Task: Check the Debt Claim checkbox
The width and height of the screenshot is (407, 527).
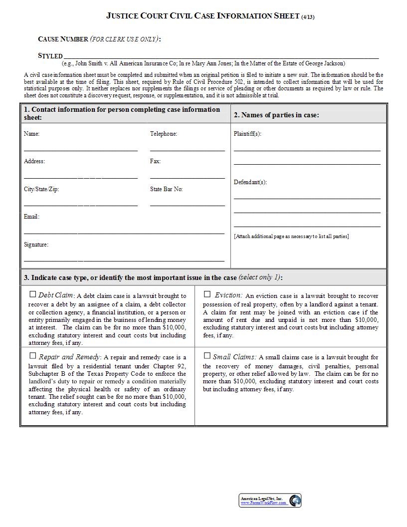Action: pyautogui.click(x=33, y=294)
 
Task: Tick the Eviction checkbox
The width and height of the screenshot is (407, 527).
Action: pyautogui.click(x=207, y=294)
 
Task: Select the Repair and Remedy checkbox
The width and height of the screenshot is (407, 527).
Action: pyautogui.click(x=33, y=356)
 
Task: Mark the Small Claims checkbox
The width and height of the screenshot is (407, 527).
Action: pyautogui.click(x=207, y=356)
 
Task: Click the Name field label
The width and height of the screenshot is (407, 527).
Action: pyautogui.click(x=31, y=134)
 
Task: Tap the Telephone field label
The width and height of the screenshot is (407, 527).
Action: pyautogui.click(x=164, y=134)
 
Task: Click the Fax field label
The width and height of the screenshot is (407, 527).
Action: pyautogui.click(x=155, y=161)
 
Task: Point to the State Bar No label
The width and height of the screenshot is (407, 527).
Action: pyautogui.click(x=166, y=189)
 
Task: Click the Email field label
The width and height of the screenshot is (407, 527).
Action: pyautogui.click(x=31, y=217)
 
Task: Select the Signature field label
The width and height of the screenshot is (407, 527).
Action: pyautogui.click(x=36, y=245)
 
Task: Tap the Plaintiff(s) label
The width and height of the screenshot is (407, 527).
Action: pyautogui.click(x=247, y=134)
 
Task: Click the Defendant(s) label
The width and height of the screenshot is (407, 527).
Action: pyautogui.click(x=250, y=182)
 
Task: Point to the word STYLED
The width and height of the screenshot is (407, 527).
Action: pyautogui.click(x=50, y=56)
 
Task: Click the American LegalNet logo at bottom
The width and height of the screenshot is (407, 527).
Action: pyautogui.click(x=270, y=501)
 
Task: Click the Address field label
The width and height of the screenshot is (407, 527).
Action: pyautogui.click(x=34, y=161)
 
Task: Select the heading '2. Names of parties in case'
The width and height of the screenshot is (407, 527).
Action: pyautogui.click(x=276, y=115)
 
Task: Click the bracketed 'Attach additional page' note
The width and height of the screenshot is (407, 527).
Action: pyautogui.click(x=291, y=236)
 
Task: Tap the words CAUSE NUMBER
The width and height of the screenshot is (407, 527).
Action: pyautogui.click(x=63, y=39)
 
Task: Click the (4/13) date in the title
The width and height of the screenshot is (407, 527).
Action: pyautogui.click(x=308, y=17)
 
